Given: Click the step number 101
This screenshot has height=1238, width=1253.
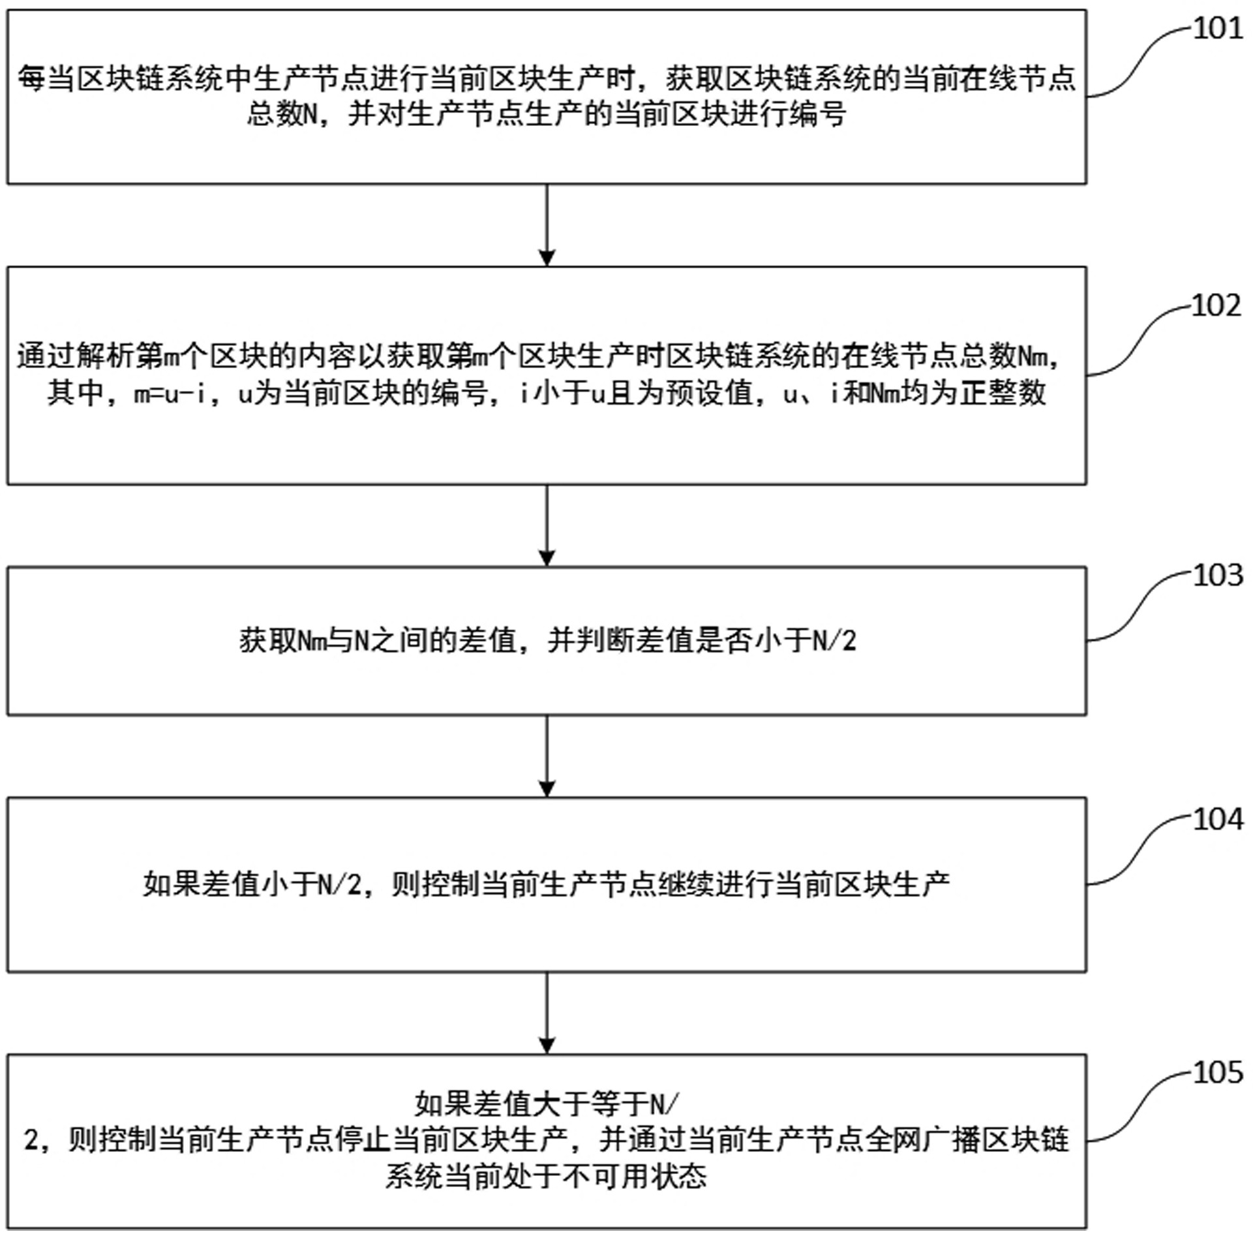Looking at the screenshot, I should [1217, 29].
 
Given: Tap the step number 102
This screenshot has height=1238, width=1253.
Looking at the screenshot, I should [1216, 306].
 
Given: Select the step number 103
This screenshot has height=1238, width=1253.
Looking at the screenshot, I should [1217, 576].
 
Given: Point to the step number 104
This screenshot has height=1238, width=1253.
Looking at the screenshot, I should [1217, 820].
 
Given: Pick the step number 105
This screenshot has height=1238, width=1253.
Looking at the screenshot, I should [1217, 1073].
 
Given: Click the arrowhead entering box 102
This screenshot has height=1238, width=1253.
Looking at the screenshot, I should [547, 258].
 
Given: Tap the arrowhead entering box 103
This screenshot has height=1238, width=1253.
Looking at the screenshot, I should [547, 558].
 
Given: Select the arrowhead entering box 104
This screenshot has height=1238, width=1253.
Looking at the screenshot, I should [547, 789].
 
